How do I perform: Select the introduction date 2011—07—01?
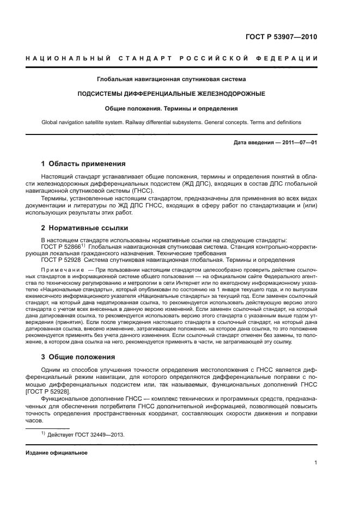pyautogui.click(x=300, y=143)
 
